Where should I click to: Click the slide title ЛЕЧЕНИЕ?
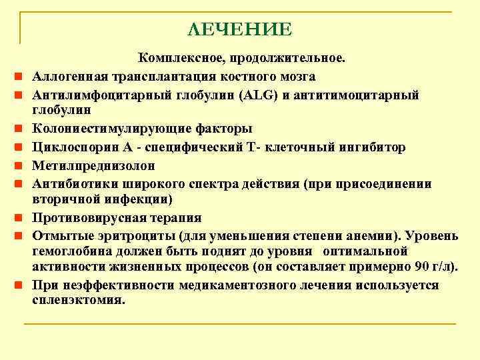[x=240, y=29]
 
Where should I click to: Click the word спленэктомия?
[x=79, y=300]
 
